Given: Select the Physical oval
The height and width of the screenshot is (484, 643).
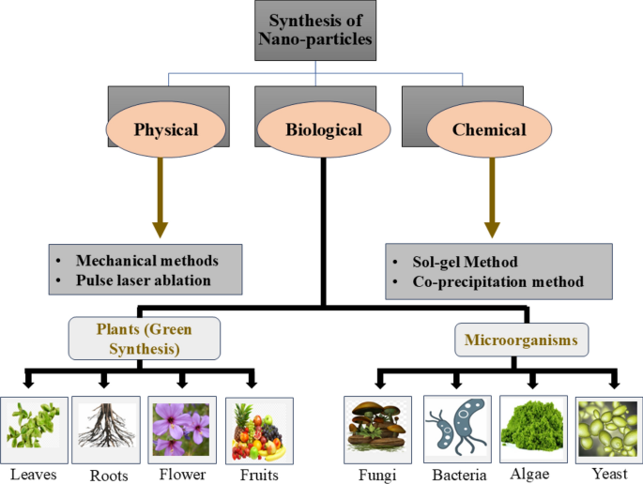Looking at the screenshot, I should [166, 129].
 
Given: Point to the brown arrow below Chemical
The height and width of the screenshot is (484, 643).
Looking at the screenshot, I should [491, 197].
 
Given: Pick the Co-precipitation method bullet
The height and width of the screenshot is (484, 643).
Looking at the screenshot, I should [498, 280].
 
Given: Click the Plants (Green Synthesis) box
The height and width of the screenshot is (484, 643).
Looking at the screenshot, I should [145, 339].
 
